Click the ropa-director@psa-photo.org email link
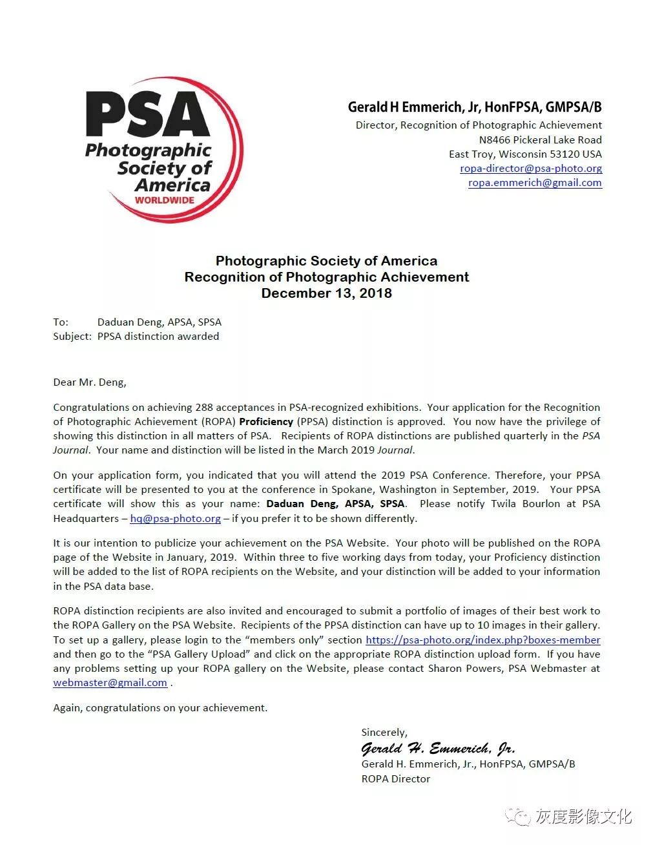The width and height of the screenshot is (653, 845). pos(531,169)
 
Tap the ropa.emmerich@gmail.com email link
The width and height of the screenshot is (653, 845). pos(535,183)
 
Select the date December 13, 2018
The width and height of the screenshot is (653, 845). pos(326,293)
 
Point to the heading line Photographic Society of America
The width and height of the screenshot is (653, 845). pos(326,261)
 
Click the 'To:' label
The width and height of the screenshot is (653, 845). pos(61,322)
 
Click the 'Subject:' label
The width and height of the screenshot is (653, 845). pos(72,336)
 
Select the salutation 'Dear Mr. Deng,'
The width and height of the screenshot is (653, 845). pos(90,382)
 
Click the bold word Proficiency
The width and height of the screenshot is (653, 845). pos(266,422)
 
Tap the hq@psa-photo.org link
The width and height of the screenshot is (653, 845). pos(175,519)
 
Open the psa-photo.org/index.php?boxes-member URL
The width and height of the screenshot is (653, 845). pos(482,640)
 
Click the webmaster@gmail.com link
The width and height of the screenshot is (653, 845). pos(110,683)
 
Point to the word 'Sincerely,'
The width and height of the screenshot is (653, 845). pos(384,733)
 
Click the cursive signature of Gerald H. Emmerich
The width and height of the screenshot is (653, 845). pos(438,749)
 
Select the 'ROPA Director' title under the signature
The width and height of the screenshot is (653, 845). pos(396,779)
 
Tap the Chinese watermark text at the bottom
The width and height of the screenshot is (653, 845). pos(583,817)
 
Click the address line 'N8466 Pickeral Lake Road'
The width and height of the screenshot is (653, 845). pos(540,140)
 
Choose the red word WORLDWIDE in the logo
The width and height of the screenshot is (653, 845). pos(165,200)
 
